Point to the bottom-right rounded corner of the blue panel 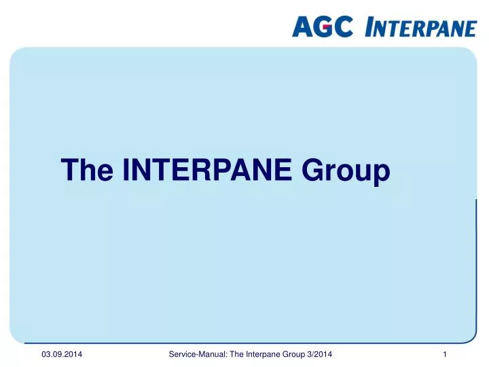tap(470, 337)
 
